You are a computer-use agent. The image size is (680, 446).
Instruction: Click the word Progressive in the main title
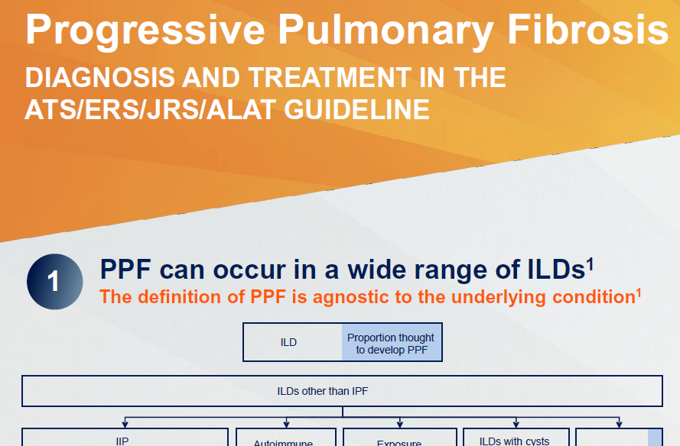[x=145, y=30]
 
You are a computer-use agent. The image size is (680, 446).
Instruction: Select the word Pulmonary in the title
[x=390, y=30]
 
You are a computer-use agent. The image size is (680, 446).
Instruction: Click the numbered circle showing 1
[x=54, y=282]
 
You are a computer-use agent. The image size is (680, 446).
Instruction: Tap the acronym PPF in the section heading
[x=130, y=270]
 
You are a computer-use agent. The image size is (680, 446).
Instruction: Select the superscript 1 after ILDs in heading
[x=590, y=264]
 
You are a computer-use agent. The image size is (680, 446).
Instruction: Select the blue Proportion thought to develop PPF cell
[x=391, y=342]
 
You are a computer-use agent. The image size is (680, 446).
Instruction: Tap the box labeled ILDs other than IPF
[x=342, y=391]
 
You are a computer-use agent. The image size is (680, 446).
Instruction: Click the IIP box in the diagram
[x=125, y=438]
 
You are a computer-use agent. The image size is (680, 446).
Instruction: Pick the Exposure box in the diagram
[x=399, y=441]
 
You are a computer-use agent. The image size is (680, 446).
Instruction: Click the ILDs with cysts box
[x=514, y=438]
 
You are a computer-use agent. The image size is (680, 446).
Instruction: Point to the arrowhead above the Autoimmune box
[x=287, y=423]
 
